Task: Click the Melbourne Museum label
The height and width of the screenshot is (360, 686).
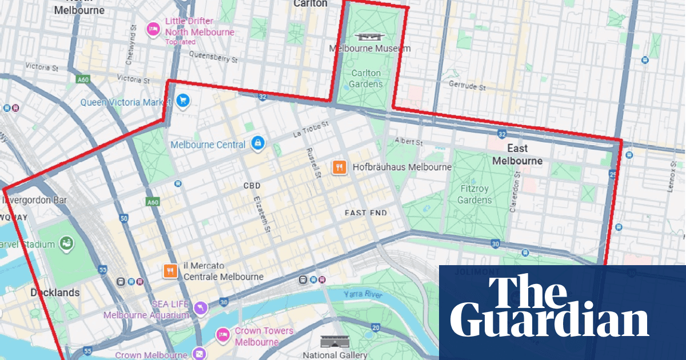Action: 370,49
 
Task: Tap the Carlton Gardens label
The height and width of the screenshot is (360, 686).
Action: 366,79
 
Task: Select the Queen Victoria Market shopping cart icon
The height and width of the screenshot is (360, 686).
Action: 183,101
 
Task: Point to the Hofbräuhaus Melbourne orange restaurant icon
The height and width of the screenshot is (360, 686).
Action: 340,167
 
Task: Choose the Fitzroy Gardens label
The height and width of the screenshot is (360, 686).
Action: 474,193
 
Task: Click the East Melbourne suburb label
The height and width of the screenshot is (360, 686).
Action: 517,155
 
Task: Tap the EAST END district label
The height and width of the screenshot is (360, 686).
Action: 366,213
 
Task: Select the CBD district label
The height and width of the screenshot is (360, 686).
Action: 252,186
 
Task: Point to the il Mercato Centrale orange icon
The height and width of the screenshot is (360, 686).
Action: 170,271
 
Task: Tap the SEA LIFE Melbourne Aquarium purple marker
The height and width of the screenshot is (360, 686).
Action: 201,309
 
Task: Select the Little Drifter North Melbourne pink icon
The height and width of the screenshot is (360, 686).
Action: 153,28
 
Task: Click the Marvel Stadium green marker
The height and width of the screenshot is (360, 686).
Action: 67,244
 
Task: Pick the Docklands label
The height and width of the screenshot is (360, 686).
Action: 55,293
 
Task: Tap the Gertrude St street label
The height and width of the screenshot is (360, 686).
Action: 467,87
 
